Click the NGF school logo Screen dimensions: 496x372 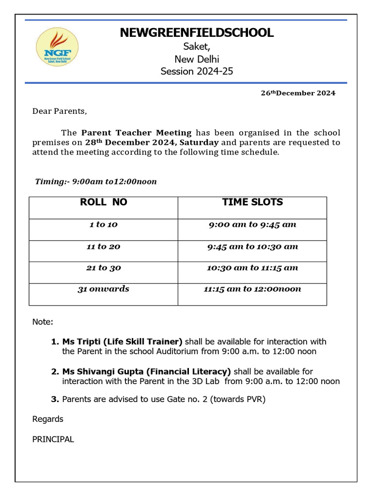[x=57, y=47]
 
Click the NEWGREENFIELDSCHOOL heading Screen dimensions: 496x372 [x=197, y=33]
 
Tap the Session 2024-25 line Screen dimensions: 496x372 [x=197, y=72]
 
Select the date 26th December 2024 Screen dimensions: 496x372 [x=298, y=93]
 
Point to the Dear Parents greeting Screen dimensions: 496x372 [x=60, y=111]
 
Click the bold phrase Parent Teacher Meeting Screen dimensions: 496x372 [x=136, y=133]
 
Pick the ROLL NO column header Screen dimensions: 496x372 [x=103, y=202]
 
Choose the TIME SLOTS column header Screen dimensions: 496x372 [x=252, y=202]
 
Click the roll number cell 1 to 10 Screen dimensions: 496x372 [x=103, y=225]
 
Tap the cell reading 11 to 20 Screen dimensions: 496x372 [x=103, y=247]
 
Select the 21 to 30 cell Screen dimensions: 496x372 [x=103, y=268]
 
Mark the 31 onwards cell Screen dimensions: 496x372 [x=103, y=289]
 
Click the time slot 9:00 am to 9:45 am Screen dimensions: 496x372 [x=252, y=225]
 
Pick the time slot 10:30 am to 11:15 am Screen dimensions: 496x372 [x=252, y=268]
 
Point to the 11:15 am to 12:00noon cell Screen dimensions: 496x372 [x=252, y=289]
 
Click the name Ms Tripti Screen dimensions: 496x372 [x=82, y=341]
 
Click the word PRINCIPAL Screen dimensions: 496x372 [x=53, y=439]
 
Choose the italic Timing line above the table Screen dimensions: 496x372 [x=96, y=182]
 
